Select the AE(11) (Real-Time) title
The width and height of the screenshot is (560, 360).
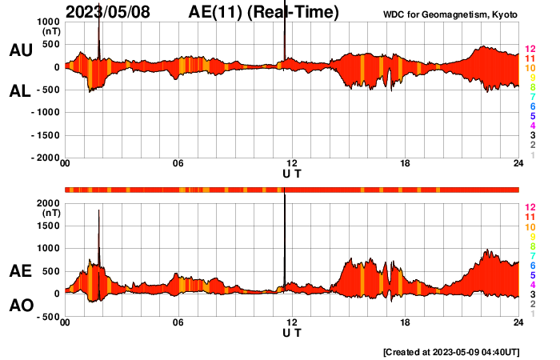click(264, 12)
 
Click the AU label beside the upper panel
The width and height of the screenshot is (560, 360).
click(20, 50)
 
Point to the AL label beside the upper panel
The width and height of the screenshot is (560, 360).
click(20, 91)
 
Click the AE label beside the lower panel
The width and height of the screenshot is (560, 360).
click(20, 272)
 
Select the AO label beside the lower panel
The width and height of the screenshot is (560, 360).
click(20, 306)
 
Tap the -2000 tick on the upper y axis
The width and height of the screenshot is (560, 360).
click(46, 158)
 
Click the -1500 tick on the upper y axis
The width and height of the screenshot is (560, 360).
click(46, 135)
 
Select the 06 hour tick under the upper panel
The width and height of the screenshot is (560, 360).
click(178, 164)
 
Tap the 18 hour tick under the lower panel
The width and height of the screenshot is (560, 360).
click(406, 322)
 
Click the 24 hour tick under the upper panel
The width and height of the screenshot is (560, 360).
click(518, 164)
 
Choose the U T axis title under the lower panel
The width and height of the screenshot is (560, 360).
click(292, 332)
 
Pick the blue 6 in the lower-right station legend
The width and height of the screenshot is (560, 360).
click(531, 265)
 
